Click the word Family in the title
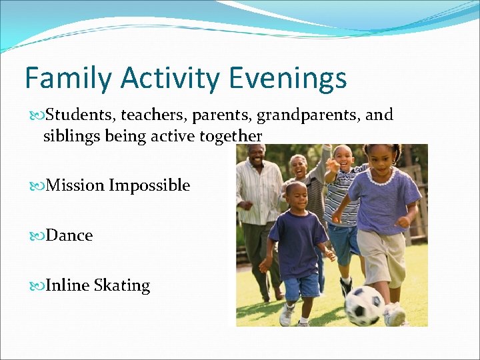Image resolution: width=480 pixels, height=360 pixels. tap(69, 78)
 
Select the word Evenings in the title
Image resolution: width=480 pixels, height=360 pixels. tap(289, 78)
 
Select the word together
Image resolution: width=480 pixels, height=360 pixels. tap(231, 136)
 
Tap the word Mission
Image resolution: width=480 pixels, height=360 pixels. tap(75, 185)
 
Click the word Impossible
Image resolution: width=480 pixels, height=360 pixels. tap(149, 185)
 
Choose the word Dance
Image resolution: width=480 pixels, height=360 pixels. tap(69, 235)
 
